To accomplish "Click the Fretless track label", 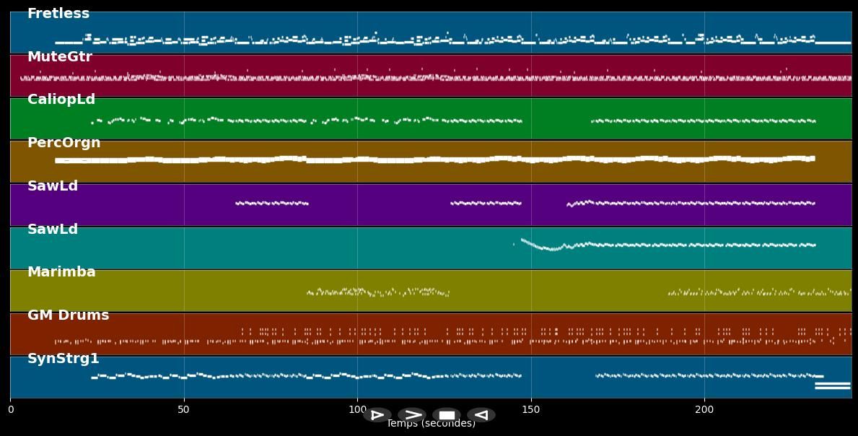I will [x=58, y=14].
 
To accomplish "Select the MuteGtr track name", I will [x=60, y=57].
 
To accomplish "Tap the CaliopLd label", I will [x=61, y=100].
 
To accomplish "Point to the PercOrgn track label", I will [x=64, y=143].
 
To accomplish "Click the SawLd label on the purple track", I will [x=53, y=186].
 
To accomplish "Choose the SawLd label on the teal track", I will [x=53, y=230].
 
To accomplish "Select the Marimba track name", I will [x=61, y=272].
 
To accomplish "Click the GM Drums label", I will [x=68, y=315].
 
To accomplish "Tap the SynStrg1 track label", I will [x=64, y=359].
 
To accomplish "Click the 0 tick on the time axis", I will [x=11, y=410].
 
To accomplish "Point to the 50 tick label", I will [x=184, y=410].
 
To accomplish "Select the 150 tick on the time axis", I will [x=531, y=410].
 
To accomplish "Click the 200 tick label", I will [x=704, y=410].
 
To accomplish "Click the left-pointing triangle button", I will [x=481, y=415].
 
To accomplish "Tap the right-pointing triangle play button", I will [x=377, y=415].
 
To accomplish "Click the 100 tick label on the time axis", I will [x=357, y=410].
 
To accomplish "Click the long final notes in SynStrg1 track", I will [x=832, y=385].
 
